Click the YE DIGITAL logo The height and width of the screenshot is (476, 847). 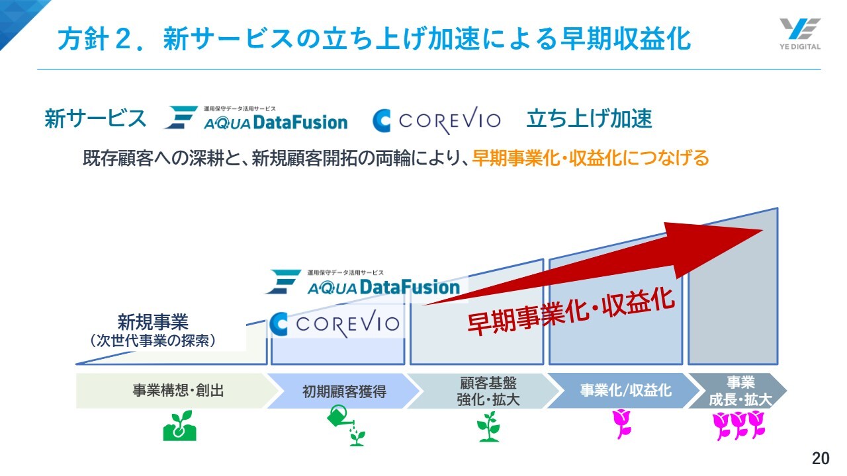pyautogui.click(x=799, y=33)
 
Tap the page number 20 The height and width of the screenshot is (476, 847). pyautogui.click(x=821, y=458)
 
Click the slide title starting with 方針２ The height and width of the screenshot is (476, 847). pyautogui.click(x=374, y=39)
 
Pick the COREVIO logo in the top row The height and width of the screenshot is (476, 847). pyautogui.click(x=436, y=120)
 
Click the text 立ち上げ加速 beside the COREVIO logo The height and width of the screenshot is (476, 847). pyautogui.click(x=589, y=119)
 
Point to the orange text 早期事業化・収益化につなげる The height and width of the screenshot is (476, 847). pyautogui.click(x=590, y=159)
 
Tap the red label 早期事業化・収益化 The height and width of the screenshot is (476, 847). pyautogui.click(x=571, y=311)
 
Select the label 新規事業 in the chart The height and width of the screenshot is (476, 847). pyautogui.click(x=153, y=322)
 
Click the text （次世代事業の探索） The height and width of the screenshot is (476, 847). pyautogui.click(x=153, y=340)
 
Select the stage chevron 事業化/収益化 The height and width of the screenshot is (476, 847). pyautogui.click(x=625, y=391)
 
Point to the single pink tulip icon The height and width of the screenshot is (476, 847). pyautogui.click(x=622, y=424)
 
